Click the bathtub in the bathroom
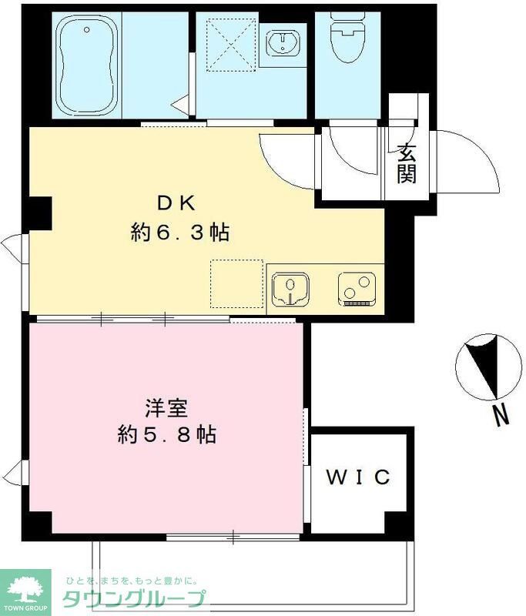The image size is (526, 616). (86, 65)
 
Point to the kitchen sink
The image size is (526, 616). (290, 290)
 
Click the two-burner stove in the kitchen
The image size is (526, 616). (354, 290)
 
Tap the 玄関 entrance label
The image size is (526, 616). (407, 163)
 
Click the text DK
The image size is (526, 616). (178, 203)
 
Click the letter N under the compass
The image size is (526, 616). (501, 417)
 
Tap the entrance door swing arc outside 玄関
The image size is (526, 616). (466, 161)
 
